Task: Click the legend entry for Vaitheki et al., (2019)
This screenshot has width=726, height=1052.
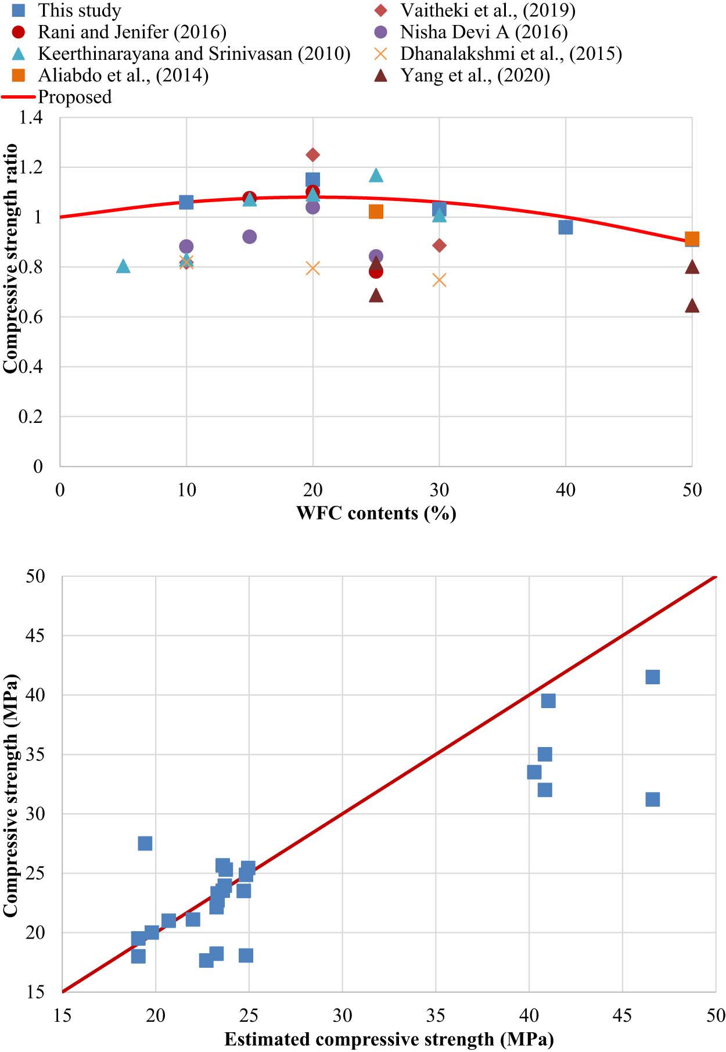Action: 487,10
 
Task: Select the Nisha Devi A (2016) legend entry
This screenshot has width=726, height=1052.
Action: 483,31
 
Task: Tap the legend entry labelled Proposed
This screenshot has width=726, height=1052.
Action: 74,96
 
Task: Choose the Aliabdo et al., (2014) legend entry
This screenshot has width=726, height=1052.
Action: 123,75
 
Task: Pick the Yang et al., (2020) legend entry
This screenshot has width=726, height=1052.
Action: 475,75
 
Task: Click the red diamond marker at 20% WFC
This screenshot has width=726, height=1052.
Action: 312,155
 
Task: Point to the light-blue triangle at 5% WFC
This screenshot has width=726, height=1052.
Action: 123,267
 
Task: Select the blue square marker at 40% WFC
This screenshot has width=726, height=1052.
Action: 565,227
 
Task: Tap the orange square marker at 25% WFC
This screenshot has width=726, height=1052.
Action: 376,211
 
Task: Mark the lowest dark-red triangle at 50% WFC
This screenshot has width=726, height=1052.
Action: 691,306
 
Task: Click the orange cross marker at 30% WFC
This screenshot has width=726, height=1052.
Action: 439,280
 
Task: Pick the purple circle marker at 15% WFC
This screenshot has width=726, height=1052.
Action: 249,236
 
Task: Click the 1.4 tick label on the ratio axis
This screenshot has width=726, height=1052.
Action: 31,118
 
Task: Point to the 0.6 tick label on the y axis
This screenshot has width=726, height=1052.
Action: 31,317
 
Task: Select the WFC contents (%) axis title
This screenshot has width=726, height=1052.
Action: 376,513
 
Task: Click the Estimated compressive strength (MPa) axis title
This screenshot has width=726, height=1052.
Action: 389,1039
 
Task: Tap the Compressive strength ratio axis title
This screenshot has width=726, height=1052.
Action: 10,258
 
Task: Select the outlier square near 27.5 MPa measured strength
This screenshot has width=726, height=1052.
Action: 145,843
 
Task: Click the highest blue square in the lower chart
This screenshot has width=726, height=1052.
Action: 652,677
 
